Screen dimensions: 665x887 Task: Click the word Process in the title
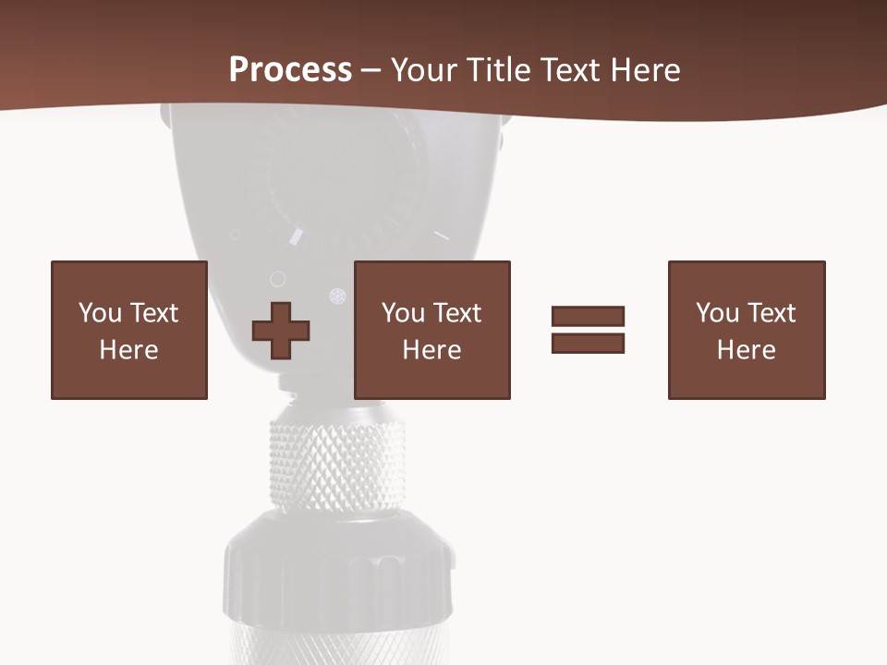point(290,69)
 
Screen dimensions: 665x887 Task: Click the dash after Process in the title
point(371,71)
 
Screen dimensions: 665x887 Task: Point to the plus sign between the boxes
point(281,331)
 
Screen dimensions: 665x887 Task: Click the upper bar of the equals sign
point(588,316)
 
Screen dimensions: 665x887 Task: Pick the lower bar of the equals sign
point(588,343)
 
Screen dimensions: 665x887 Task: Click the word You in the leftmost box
point(101,312)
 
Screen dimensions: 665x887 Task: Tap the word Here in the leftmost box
point(128,349)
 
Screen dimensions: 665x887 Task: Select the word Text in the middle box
point(456,312)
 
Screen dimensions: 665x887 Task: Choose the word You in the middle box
point(404,312)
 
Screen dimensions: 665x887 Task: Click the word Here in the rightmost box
point(746,349)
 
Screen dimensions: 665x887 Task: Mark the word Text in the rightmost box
point(771,312)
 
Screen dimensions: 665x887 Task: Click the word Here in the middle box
point(431,349)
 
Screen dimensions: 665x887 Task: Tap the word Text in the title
point(568,69)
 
